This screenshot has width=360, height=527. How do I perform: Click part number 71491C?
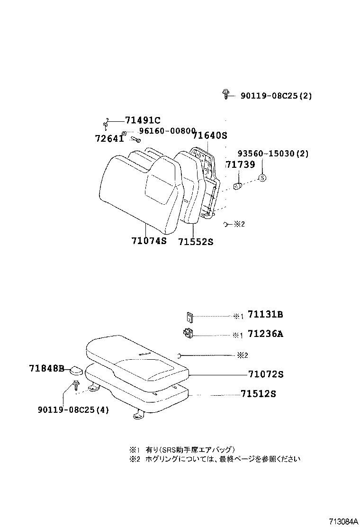click(143, 120)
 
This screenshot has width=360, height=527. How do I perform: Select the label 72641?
click(109, 139)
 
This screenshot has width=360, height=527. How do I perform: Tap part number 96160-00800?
click(167, 131)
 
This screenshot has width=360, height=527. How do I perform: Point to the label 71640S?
click(210, 136)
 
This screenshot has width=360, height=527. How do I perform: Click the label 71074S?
click(149, 241)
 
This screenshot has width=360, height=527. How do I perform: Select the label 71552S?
click(196, 242)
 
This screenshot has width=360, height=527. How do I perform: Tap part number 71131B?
click(265, 315)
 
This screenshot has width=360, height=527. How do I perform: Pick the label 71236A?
click(265, 334)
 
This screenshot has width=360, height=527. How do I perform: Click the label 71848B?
click(46, 368)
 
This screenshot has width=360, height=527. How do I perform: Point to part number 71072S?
click(265, 374)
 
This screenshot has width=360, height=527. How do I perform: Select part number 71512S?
click(258, 394)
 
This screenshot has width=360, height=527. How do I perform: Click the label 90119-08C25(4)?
click(73, 410)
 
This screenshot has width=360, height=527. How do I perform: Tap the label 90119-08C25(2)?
click(276, 96)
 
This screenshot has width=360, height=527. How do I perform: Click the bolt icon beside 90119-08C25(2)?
click(226, 94)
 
